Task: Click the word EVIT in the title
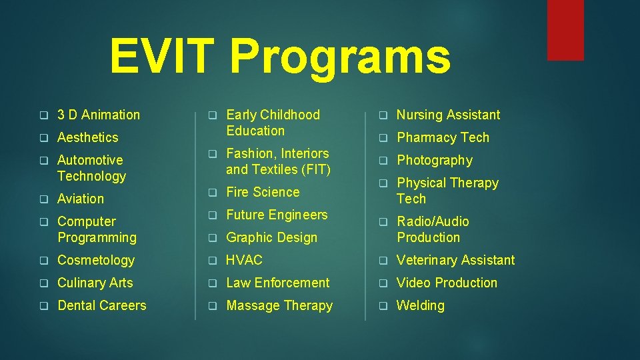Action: pyautogui.click(x=164, y=57)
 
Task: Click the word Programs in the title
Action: pyautogui.click(x=340, y=58)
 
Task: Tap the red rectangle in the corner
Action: pyautogui.click(x=565, y=30)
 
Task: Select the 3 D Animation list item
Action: pyautogui.click(x=99, y=115)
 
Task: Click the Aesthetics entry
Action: pyautogui.click(x=87, y=137)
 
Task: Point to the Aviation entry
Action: pyautogui.click(x=81, y=199)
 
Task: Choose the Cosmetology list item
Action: pyautogui.click(x=96, y=260)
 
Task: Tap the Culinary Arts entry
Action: pyautogui.click(x=95, y=283)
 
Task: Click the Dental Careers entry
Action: pyautogui.click(x=101, y=305)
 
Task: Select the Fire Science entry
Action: pyautogui.click(x=263, y=192)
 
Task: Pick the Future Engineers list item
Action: pyautogui.click(x=277, y=215)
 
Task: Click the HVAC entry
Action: pyautogui.click(x=245, y=260)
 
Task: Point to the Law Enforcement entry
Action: pyautogui.click(x=277, y=283)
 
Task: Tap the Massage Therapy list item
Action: pyautogui.click(x=279, y=305)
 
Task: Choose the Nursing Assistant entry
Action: pyautogui.click(x=448, y=115)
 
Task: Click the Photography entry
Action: pyautogui.click(x=435, y=160)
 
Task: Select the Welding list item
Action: pyautogui.click(x=420, y=305)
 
